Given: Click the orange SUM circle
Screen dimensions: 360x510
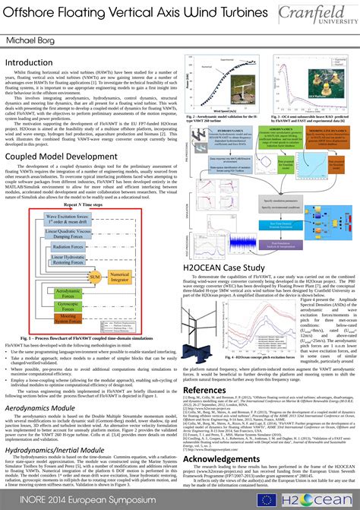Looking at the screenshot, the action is pos(93,279).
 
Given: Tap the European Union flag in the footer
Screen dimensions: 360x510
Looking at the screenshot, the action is pos(267,499).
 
